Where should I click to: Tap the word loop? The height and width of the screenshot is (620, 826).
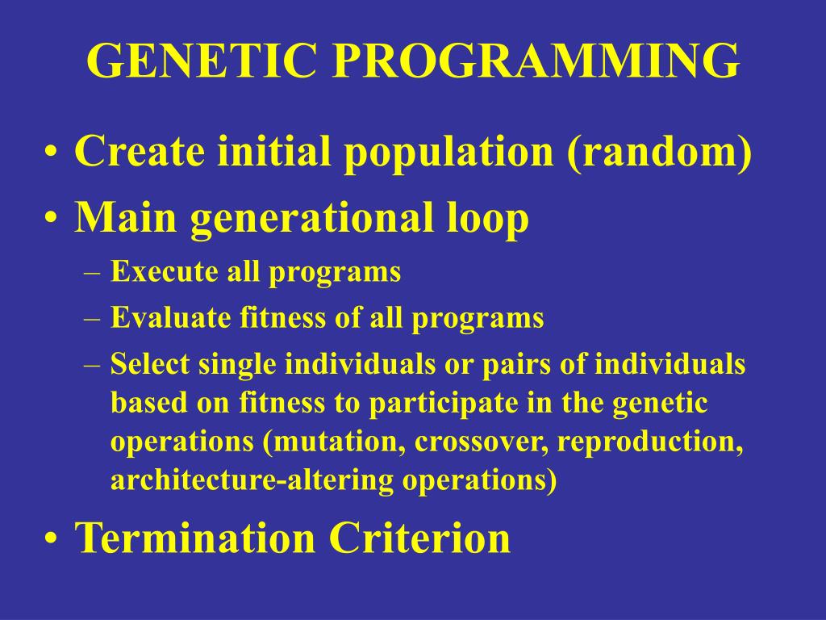[x=488, y=219]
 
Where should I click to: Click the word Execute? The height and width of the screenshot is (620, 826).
[x=164, y=271]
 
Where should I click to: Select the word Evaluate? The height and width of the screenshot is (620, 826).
[x=170, y=317]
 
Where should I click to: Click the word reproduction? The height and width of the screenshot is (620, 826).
[x=651, y=442]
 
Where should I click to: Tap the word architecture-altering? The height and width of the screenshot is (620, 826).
[x=252, y=480]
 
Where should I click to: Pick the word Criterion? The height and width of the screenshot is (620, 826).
[x=419, y=537]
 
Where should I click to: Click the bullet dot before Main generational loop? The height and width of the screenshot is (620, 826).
[x=51, y=216]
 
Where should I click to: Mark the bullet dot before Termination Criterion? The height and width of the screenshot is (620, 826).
[x=51, y=538]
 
